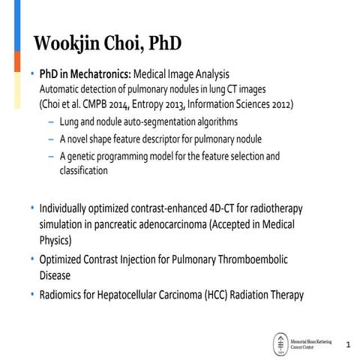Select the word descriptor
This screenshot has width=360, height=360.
pyautogui.click(x=196, y=139)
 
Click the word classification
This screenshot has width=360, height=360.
pyautogui.click(x=84, y=170)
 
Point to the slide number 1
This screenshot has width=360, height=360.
pyautogui.click(x=347, y=344)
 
